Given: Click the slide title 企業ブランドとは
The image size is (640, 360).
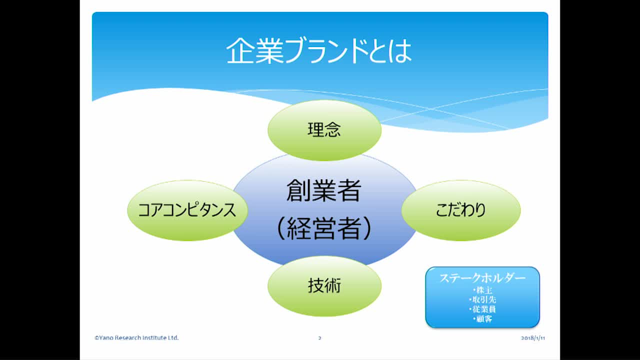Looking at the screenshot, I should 319,51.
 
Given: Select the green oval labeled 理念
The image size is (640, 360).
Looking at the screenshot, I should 324,130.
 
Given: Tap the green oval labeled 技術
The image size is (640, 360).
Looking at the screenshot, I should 324,286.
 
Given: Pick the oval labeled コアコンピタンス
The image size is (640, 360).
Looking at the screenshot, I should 187,210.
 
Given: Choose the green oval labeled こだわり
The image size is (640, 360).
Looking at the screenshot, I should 460,210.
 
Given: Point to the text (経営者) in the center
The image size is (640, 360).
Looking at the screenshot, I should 323,228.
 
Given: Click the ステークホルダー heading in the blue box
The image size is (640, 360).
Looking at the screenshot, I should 482,278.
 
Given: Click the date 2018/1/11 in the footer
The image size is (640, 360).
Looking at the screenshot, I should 532,338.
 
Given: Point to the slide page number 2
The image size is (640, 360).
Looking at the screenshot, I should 319,338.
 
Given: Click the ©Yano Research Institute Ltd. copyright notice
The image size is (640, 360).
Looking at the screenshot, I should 136,338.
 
